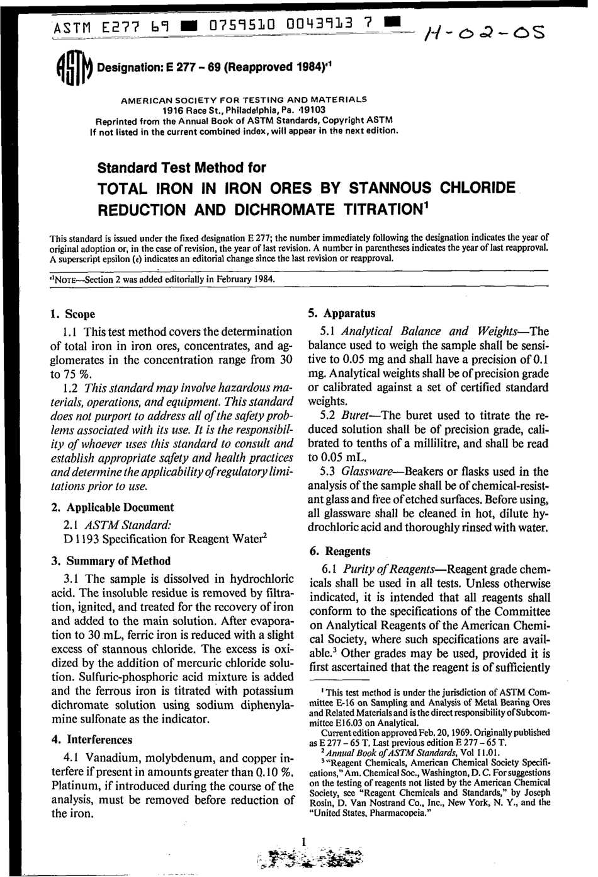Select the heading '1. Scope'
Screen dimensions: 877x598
(x=72, y=314)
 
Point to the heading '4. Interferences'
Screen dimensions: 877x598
(x=91, y=740)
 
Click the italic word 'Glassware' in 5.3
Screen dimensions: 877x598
(x=369, y=471)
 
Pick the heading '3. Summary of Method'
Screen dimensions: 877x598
(x=110, y=561)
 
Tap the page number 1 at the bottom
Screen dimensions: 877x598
(x=303, y=841)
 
